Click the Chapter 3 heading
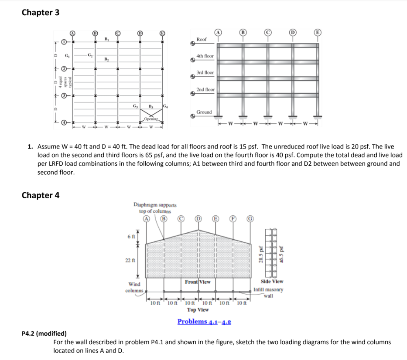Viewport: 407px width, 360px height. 41,13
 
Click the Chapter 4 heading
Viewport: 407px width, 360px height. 41,195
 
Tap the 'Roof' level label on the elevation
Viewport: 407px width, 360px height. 202,40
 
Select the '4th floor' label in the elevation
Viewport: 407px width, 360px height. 205,56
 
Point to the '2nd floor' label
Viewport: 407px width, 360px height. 205,89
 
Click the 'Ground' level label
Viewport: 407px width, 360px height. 204,112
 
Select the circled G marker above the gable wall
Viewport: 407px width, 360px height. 250,219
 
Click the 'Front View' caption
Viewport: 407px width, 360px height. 198,282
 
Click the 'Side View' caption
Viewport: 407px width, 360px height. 272,282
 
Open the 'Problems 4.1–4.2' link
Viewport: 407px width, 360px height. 204,322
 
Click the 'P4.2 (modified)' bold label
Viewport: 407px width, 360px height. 44,334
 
